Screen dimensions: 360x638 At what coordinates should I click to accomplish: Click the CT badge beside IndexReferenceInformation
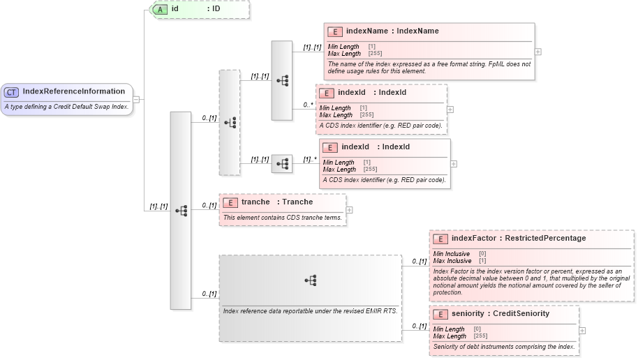click(12, 91)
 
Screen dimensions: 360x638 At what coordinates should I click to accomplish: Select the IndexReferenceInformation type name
click(73, 91)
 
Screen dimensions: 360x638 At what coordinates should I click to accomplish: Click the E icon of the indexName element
click(335, 31)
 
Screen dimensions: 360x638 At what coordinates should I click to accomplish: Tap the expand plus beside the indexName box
click(537, 52)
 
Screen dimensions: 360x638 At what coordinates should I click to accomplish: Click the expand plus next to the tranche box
click(350, 209)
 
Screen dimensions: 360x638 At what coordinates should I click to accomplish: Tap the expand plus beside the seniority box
click(582, 331)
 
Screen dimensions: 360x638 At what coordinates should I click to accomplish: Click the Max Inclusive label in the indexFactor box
click(452, 260)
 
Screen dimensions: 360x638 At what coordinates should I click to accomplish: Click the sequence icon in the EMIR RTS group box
click(311, 280)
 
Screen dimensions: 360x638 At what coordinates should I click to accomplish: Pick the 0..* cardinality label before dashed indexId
click(307, 105)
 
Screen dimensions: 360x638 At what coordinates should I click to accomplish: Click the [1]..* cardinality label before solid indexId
click(309, 159)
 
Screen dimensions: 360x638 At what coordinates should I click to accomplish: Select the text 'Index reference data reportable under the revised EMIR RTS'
click(310, 310)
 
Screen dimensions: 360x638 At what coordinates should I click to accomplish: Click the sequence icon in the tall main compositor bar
click(181, 210)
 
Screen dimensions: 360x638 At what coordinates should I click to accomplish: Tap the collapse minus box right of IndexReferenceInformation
click(136, 99)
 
